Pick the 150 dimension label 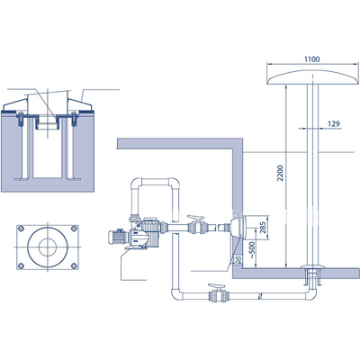point(236,259)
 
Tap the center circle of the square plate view point(46,245)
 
